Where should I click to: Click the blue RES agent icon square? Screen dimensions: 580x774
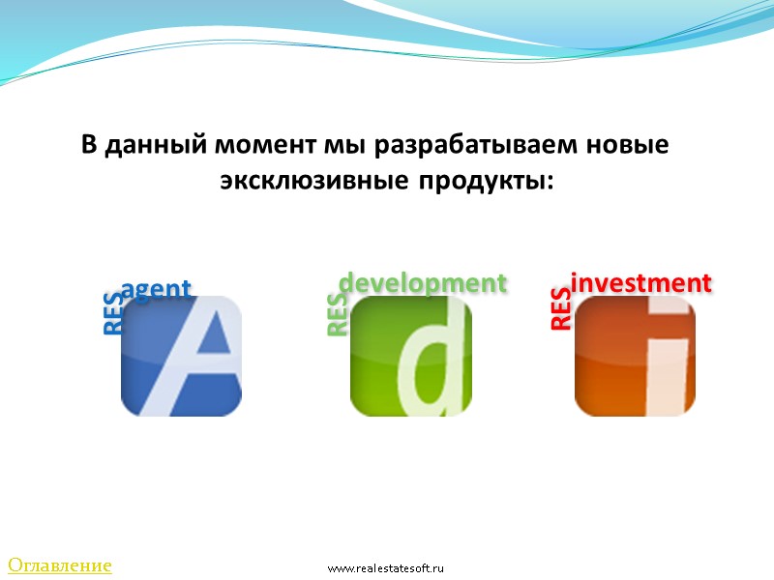[181, 356]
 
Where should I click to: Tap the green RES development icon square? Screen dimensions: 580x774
[410, 356]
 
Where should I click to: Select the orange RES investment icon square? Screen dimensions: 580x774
[635, 356]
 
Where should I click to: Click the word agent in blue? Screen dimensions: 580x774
[157, 288]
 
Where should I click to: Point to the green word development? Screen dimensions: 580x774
[422, 282]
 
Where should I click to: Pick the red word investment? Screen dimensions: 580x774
[641, 282]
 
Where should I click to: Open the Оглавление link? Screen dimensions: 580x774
[60, 565]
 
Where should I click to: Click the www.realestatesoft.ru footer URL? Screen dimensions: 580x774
[385, 568]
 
